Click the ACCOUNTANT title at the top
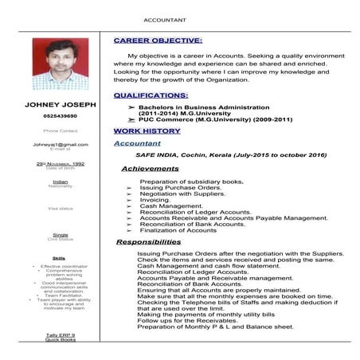(x=166, y=19)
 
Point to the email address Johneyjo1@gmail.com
(x=61, y=144)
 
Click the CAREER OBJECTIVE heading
(x=158, y=40)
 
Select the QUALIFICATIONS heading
(x=156, y=95)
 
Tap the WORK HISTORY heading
(x=147, y=130)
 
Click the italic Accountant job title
(x=137, y=143)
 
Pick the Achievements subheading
(x=150, y=169)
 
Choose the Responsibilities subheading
(x=154, y=241)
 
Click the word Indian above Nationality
(x=61, y=182)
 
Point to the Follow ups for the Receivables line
(x=190, y=320)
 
